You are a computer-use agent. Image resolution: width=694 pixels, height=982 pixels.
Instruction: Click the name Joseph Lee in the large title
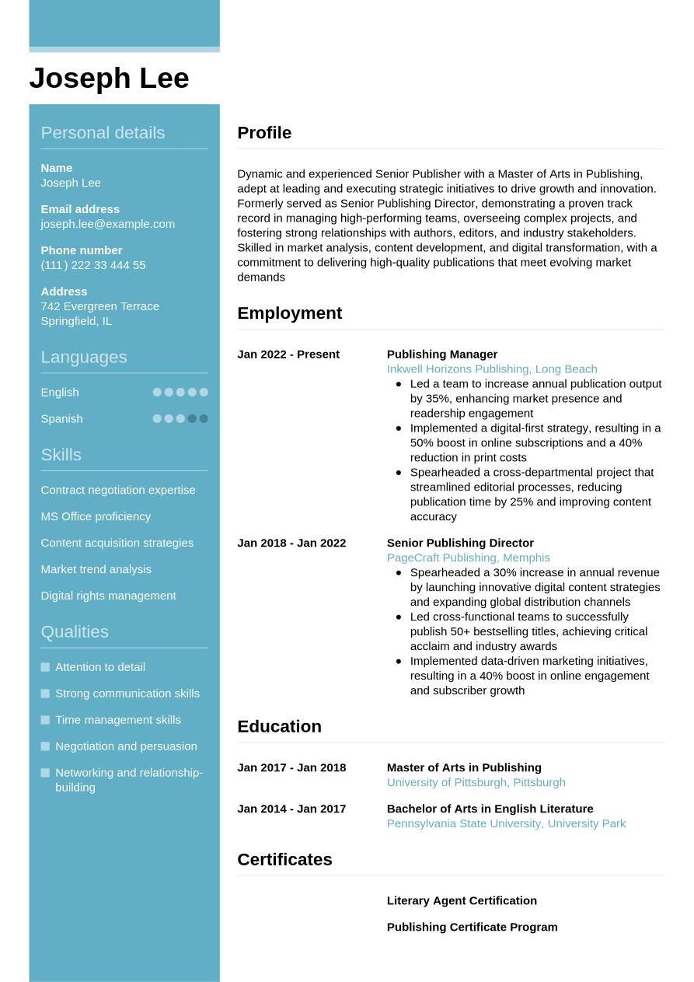pyautogui.click(x=109, y=79)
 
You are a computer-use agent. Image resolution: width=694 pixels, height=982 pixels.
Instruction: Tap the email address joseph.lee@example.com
pyautogui.click(x=107, y=224)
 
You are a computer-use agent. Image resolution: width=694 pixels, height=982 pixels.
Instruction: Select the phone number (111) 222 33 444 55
pyautogui.click(x=92, y=265)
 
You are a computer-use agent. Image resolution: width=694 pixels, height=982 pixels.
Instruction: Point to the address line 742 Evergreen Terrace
pyautogui.click(x=99, y=306)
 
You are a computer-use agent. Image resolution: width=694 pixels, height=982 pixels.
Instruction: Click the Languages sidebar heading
pyautogui.click(x=83, y=357)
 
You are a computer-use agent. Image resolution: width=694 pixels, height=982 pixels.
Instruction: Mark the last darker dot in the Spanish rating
pyautogui.click(x=204, y=418)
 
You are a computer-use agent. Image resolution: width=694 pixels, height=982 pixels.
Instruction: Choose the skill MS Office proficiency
pyautogui.click(x=96, y=516)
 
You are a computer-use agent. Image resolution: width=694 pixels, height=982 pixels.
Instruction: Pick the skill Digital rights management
pyautogui.click(x=108, y=596)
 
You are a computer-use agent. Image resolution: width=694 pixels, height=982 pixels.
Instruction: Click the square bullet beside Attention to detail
pyautogui.click(x=45, y=667)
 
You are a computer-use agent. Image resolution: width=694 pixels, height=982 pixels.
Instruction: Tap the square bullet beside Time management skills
pyautogui.click(x=45, y=720)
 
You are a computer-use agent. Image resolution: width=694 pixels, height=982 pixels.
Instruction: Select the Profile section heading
pyautogui.click(x=264, y=133)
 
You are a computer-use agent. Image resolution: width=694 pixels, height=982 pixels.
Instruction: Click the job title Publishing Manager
pyautogui.click(x=441, y=355)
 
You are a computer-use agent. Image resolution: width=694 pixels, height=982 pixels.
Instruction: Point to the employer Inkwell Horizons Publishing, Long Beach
pyautogui.click(x=491, y=369)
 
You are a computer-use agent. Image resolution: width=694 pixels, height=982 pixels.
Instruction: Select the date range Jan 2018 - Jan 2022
pyautogui.click(x=291, y=543)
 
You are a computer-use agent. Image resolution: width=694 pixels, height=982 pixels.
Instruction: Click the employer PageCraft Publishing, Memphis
pyautogui.click(x=468, y=557)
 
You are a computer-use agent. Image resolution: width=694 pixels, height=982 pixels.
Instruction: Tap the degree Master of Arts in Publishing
pyautogui.click(x=464, y=767)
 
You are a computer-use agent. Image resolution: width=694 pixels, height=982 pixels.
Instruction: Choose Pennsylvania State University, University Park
pyautogui.click(x=506, y=823)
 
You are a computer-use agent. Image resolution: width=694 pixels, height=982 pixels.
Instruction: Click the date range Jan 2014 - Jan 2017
pyautogui.click(x=291, y=809)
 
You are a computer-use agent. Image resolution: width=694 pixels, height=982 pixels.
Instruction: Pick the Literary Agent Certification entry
pyautogui.click(x=462, y=900)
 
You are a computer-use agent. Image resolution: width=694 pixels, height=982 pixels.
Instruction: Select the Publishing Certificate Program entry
pyautogui.click(x=472, y=927)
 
